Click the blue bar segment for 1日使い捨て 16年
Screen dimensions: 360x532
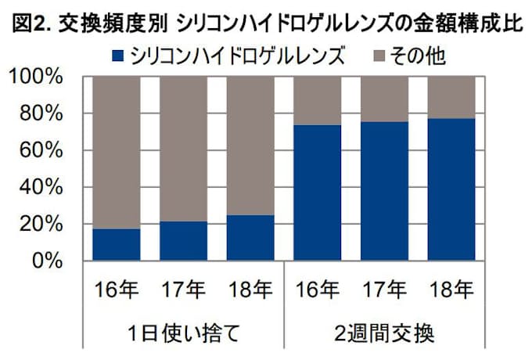pyautogui.click(x=116, y=244)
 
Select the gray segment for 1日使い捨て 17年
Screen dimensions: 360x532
pyautogui.click(x=184, y=149)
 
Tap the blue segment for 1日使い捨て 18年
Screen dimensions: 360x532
pyautogui.click(x=250, y=237)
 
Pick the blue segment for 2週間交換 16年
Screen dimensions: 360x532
pyautogui.click(x=318, y=193)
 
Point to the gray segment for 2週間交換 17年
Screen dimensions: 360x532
pyautogui.click(x=385, y=99)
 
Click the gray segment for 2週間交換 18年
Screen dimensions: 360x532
pyautogui.click(x=452, y=97)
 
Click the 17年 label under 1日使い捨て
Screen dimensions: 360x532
pyautogui.click(x=184, y=290)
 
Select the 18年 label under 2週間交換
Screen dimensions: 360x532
pyautogui.click(x=452, y=290)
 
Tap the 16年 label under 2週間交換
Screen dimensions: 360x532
pyautogui.click(x=318, y=290)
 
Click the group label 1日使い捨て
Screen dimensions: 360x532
pyautogui.click(x=184, y=332)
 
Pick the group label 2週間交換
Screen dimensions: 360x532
pyautogui.click(x=385, y=332)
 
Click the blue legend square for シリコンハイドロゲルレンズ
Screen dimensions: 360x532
pyautogui.click(x=118, y=56)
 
